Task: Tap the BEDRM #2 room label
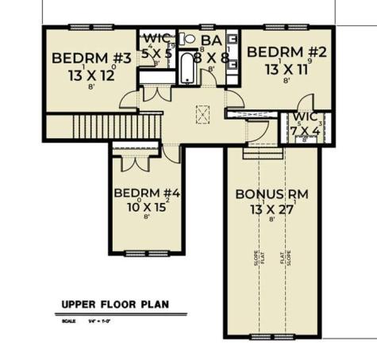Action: [x=275, y=52]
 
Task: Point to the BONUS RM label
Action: [x=271, y=193]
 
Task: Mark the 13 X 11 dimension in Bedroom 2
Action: [x=275, y=68]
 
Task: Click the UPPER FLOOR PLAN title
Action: [x=114, y=304]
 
